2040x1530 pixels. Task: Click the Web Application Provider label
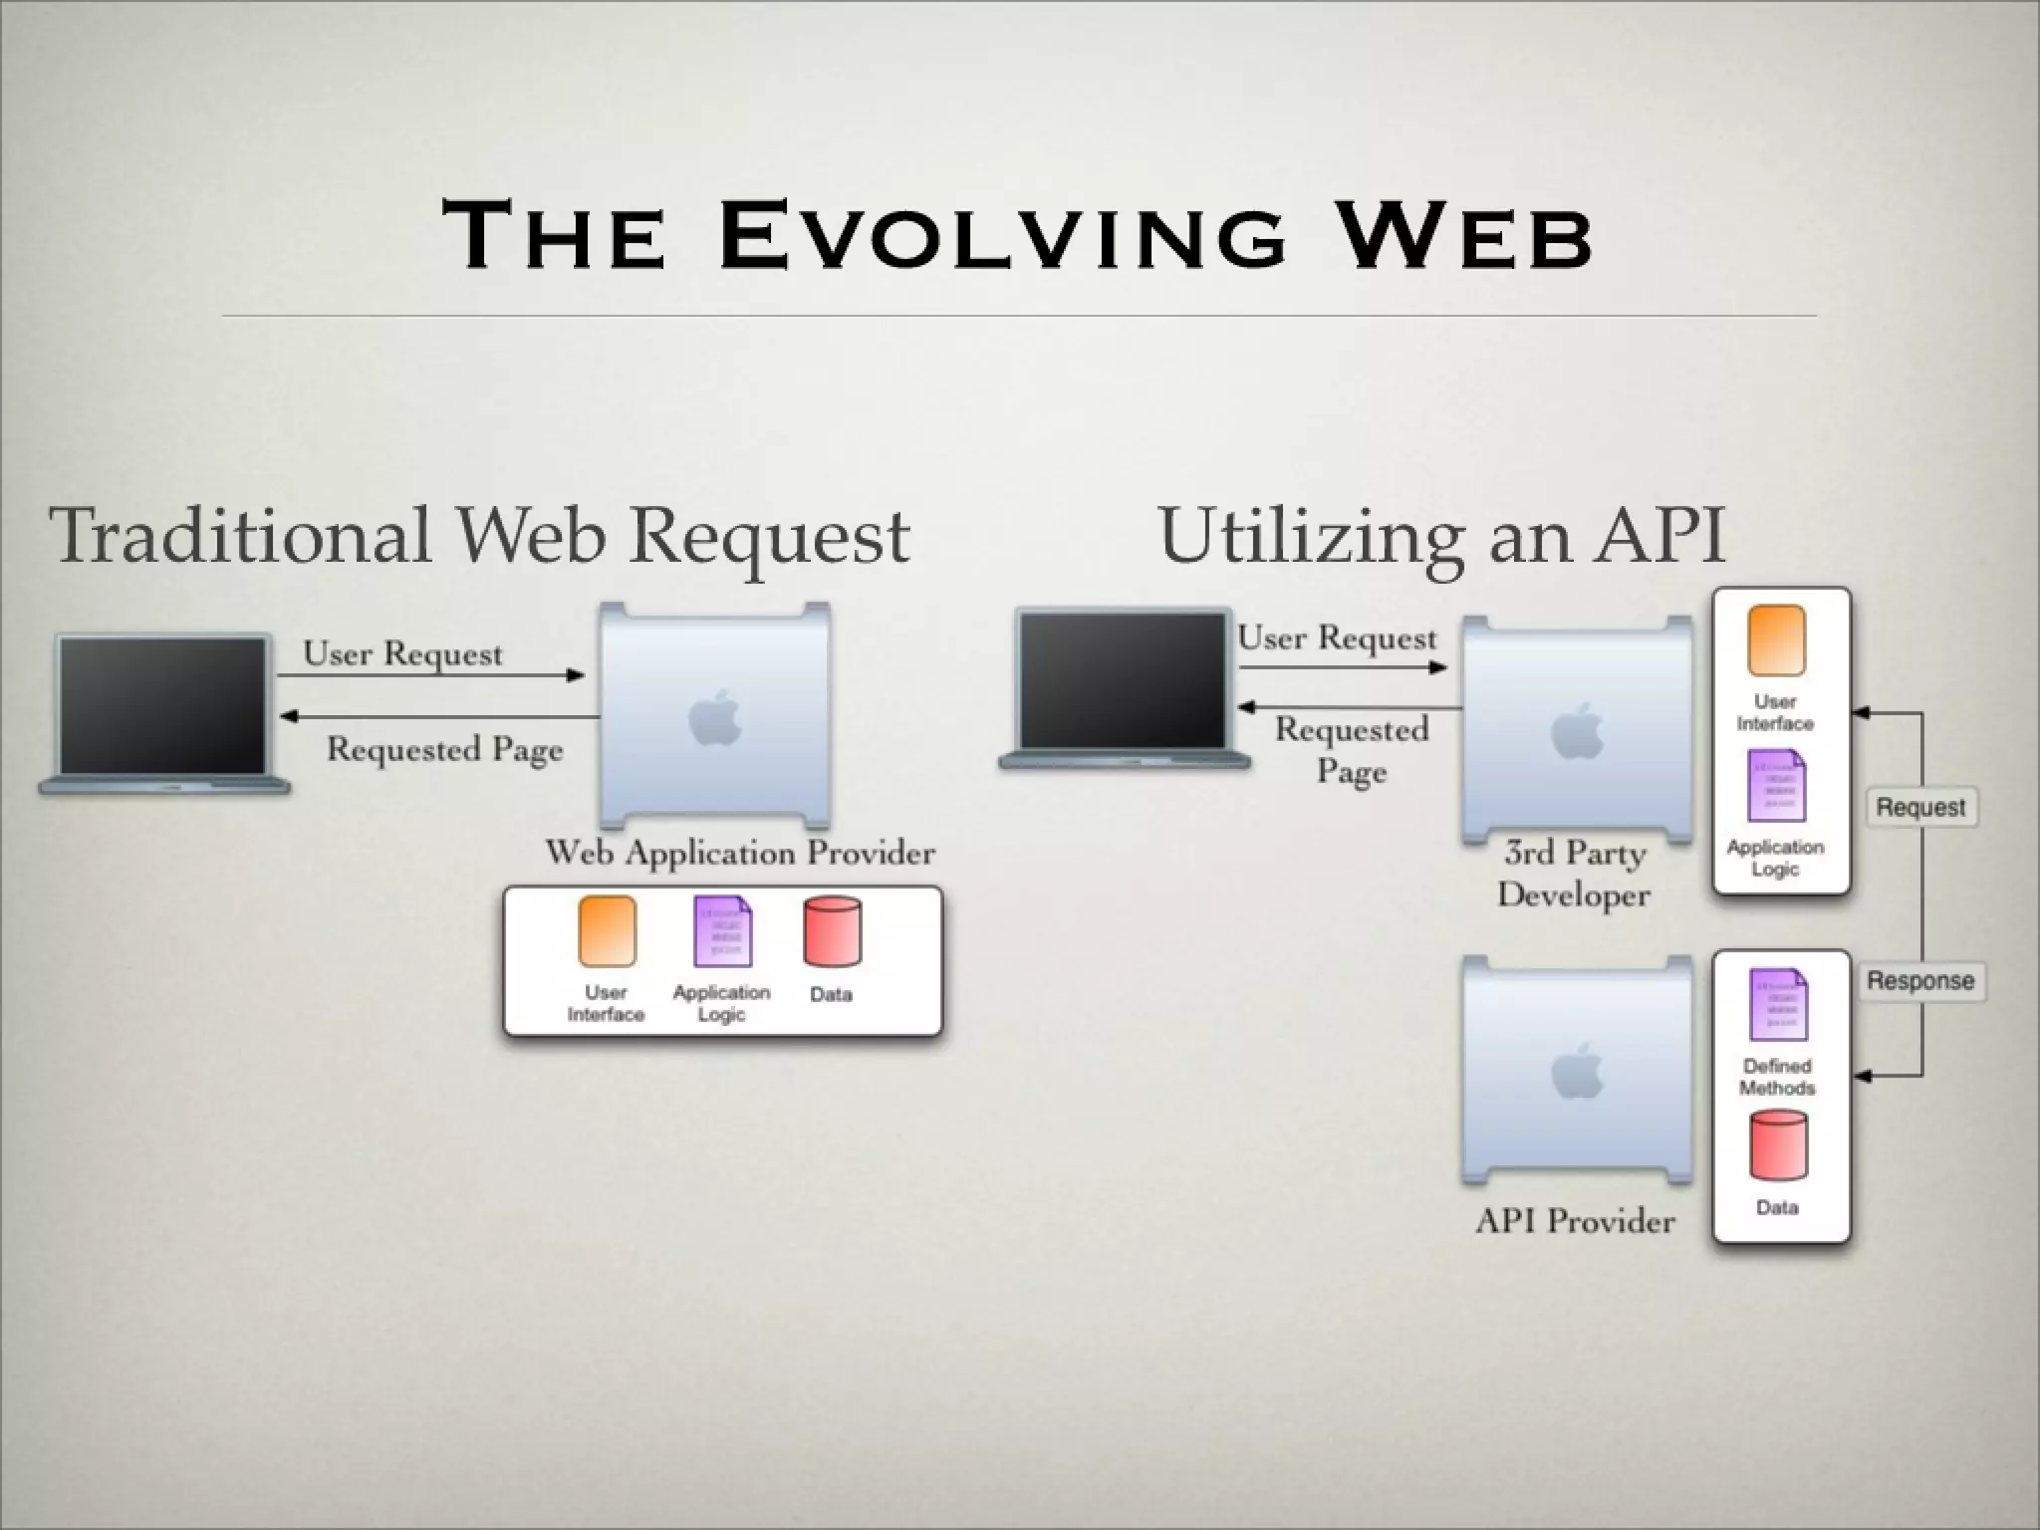pyautogui.click(x=740, y=853)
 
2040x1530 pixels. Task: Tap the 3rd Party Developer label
pyautogui.click(x=1574, y=874)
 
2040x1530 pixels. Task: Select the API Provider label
pyautogui.click(x=1575, y=1221)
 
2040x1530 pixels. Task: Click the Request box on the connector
pyautogui.click(x=1920, y=807)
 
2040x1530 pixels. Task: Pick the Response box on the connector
pyautogui.click(x=1920, y=981)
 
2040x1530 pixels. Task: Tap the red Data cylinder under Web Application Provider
pyautogui.click(x=832, y=932)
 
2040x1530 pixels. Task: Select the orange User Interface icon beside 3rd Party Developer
pyautogui.click(x=1776, y=640)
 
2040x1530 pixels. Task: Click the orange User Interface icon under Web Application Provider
pyautogui.click(x=607, y=931)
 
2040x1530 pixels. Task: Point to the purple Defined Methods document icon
pyautogui.click(x=1778, y=1004)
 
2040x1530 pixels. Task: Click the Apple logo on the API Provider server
pyautogui.click(x=1578, y=1072)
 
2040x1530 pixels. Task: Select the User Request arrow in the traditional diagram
pyautogui.click(x=430, y=675)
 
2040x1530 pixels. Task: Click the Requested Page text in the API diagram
pyautogui.click(x=1352, y=750)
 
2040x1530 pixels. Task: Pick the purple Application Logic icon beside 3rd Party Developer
pyautogui.click(x=1776, y=785)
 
